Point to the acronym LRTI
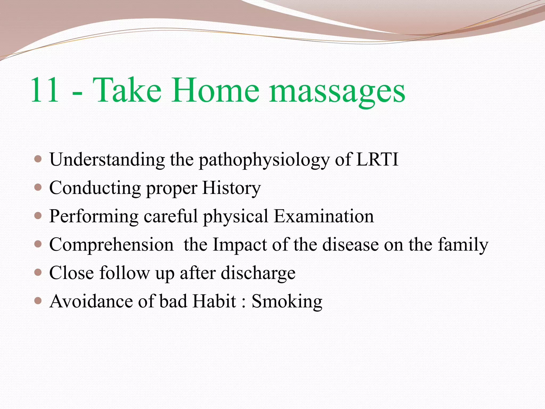pos(377,159)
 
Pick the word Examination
pos(324,216)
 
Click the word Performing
pos(94,216)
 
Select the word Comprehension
pos(111,245)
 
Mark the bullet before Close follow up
pos(38,272)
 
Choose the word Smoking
pos(287,302)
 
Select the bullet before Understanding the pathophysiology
pos(38,159)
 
